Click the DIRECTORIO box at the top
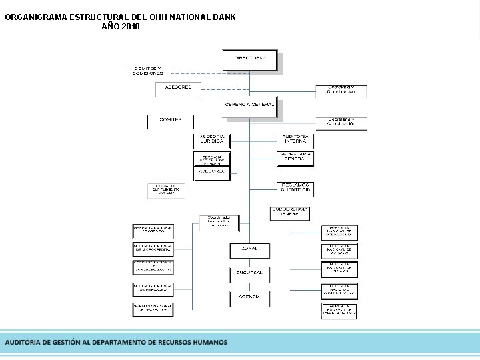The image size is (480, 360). [249, 59]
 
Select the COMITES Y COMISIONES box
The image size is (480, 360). [147, 72]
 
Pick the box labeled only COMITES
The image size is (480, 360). [170, 121]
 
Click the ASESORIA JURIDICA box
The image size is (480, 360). [212, 139]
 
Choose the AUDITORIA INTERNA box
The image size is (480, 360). [295, 139]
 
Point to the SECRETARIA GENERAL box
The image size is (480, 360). [295, 157]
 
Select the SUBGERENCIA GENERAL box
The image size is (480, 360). [290, 212]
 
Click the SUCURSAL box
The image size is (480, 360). [249, 273]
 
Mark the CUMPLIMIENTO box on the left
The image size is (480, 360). [166, 189]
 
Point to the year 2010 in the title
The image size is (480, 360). [131, 27]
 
